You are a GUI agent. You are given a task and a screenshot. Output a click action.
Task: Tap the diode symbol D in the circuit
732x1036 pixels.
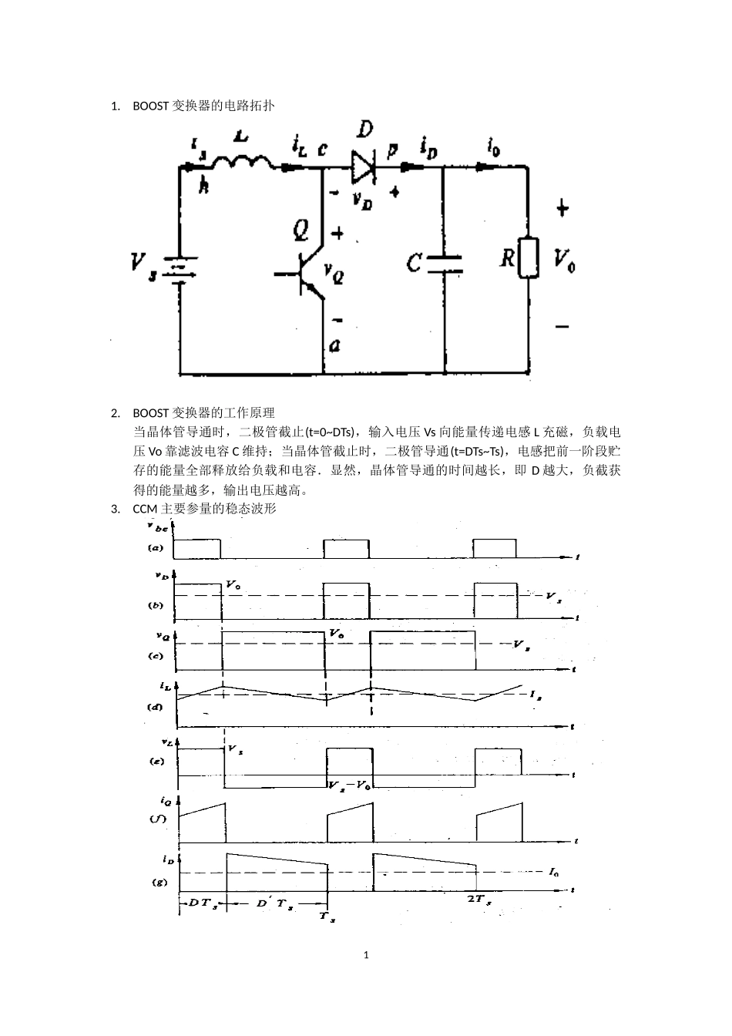click(x=362, y=166)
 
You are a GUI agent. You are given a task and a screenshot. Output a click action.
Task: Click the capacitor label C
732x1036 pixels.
click(x=415, y=264)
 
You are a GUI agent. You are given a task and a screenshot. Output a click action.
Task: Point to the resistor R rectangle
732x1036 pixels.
click(x=528, y=257)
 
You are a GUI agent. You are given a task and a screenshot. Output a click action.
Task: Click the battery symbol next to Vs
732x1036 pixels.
click(x=180, y=271)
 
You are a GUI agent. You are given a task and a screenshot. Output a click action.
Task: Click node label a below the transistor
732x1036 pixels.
click(x=334, y=346)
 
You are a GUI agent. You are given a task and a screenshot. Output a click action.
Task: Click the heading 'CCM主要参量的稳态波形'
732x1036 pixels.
click(x=204, y=509)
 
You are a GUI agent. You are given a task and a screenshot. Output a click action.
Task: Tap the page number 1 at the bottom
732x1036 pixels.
click(x=366, y=955)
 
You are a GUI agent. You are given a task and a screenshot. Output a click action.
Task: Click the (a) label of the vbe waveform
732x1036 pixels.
click(x=155, y=548)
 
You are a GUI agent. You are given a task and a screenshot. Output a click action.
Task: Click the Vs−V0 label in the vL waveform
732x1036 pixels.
click(x=348, y=785)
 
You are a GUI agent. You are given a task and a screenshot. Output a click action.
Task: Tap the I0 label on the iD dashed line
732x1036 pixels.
click(x=554, y=872)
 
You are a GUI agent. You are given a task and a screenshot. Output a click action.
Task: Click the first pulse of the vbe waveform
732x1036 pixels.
click(x=197, y=548)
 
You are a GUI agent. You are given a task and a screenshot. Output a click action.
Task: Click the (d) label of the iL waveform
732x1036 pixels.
click(x=155, y=706)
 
